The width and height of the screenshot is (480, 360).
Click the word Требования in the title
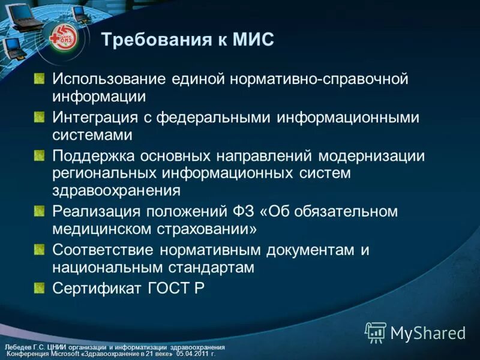(x=154, y=40)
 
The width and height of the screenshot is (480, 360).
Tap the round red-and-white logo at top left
(x=64, y=37)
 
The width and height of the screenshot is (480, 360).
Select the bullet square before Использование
(x=39, y=79)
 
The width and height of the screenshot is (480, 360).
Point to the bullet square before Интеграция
(x=39, y=117)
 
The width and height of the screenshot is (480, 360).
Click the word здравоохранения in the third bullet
(x=116, y=190)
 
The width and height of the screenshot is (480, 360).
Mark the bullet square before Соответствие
(x=39, y=249)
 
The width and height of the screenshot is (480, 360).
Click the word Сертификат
(x=96, y=288)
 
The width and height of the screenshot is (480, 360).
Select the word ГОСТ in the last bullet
(x=168, y=288)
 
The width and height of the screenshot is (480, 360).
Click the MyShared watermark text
(x=428, y=332)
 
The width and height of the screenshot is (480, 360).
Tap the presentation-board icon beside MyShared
(x=376, y=332)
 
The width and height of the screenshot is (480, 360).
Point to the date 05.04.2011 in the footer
(x=191, y=355)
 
